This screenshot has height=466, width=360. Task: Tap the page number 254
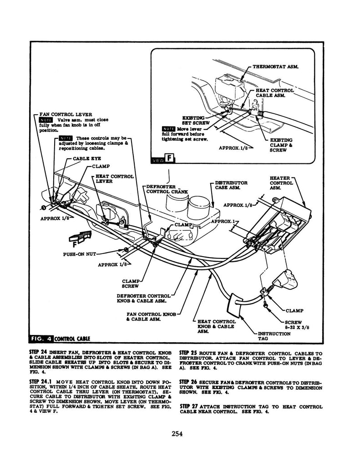pos(177,434)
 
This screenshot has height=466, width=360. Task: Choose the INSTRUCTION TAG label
pos(274,336)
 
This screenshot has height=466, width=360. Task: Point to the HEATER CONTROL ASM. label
pos(281,183)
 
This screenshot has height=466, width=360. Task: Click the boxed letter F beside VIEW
pos(170,159)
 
